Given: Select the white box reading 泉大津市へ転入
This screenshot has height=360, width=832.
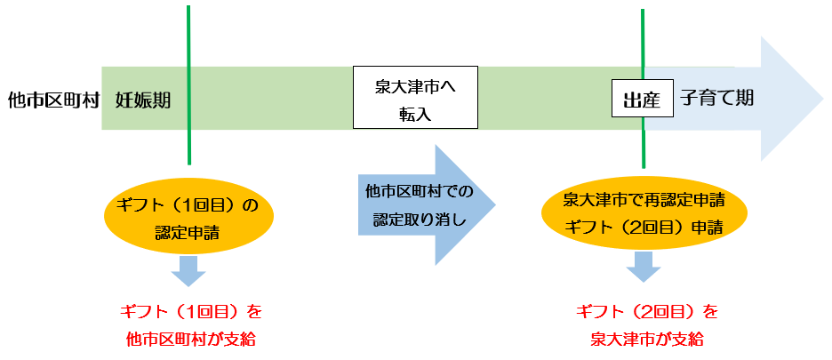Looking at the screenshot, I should pos(415,99).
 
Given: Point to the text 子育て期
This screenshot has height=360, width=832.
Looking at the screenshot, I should pos(717,97).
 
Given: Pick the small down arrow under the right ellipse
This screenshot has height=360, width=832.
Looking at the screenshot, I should pos(642,266).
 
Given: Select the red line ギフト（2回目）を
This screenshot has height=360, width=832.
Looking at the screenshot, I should pos(646,312).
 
